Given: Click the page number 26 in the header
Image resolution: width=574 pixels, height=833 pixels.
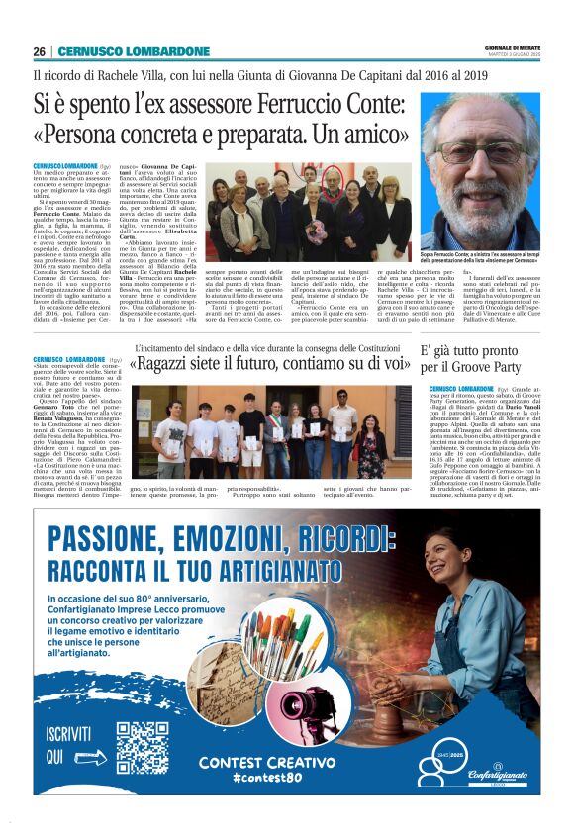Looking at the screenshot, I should pos(39,51).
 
